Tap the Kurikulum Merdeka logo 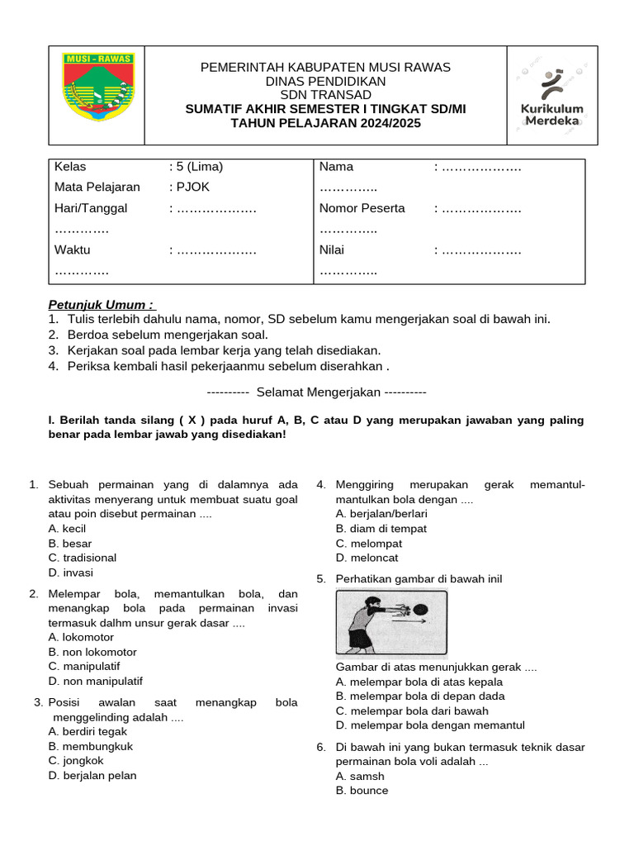pyautogui.click(x=551, y=95)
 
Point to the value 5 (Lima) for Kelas pyautogui.click(x=196, y=167)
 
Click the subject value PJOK pyautogui.click(x=190, y=188)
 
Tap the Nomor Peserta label pyautogui.click(x=362, y=208)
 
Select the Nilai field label pyautogui.click(x=332, y=250)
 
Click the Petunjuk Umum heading pyautogui.click(x=101, y=304)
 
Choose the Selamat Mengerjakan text pyautogui.click(x=316, y=391)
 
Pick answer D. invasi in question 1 pyautogui.click(x=71, y=573)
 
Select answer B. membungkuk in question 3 pyautogui.click(x=91, y=746)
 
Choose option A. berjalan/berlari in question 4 pyautogui.click(x=381, y=514)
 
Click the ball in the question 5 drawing pyautogui.click(x=419, y=610)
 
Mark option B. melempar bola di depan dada pyautogui.click(x=420, y=696)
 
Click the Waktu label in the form pyautogui.click(x=73, y=250)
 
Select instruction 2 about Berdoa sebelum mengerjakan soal pyautogui.click(x=158, y=335)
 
